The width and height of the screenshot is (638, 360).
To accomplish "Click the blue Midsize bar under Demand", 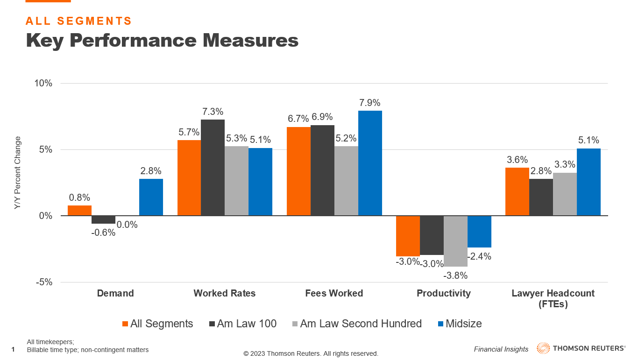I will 151,197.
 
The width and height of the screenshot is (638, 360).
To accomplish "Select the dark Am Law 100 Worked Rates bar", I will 213,168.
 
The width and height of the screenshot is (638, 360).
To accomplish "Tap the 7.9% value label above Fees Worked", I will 370,103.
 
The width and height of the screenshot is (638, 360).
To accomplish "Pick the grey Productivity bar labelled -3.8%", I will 455,241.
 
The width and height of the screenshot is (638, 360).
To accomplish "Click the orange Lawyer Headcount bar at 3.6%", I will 517,191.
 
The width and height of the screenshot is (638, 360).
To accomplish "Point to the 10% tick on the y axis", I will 43,84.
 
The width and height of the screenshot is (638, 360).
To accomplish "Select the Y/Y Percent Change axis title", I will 18,173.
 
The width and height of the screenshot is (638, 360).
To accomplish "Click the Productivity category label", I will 443,294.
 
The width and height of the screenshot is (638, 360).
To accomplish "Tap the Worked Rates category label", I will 225,294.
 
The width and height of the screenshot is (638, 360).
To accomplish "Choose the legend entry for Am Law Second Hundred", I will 361,324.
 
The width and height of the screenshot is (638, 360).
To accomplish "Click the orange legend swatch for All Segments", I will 125,324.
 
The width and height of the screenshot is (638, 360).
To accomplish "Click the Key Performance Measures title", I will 162,40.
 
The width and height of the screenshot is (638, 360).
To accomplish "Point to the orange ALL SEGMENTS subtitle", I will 79,21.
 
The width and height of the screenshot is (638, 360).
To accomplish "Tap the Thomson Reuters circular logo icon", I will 543,348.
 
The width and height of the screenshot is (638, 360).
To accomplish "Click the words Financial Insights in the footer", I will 501,349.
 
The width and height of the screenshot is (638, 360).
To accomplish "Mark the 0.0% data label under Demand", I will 127,225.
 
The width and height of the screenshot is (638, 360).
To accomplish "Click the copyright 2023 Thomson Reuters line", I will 311,353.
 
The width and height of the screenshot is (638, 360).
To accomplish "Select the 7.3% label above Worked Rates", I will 213,112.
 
